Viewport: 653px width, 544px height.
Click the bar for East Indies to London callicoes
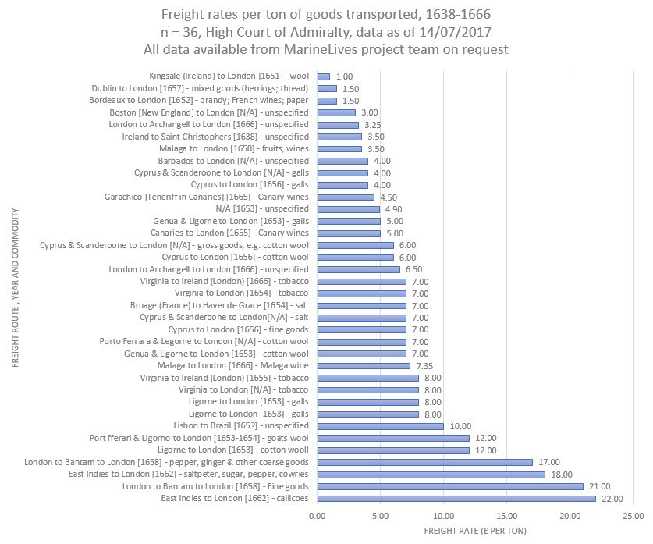pos(456,499)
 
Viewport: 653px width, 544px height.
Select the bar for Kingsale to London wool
pos(323,76)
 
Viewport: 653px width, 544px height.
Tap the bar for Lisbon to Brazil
pos(380,426)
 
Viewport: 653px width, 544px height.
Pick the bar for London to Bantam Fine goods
pos(449,486)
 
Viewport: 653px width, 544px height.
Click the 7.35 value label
pos(425,366)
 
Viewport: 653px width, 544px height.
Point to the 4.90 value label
pos(395,209)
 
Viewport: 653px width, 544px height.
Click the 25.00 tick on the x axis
pos(633,516)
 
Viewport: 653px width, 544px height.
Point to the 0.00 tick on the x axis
pos(317,516)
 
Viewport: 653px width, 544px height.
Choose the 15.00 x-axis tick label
pos(506,516)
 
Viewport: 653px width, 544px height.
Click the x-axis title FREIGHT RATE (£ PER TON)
pos(475,532)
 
